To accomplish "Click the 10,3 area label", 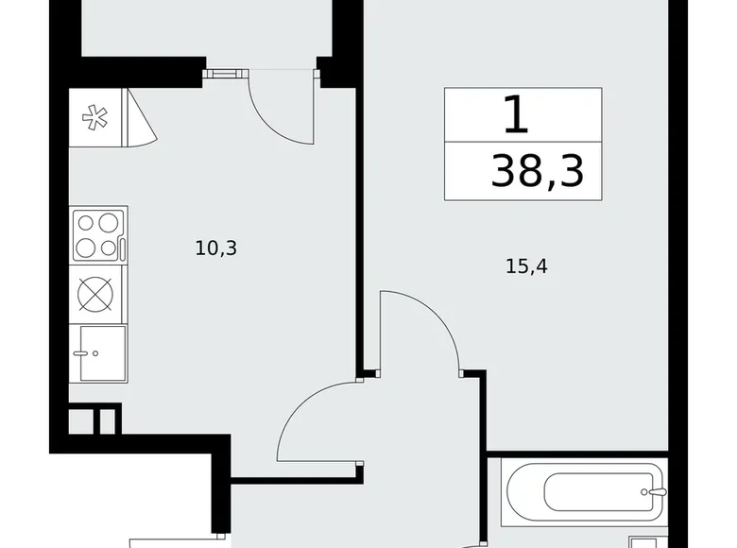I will (215, 248).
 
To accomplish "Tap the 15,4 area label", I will (526, 267).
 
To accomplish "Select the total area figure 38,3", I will (536, 172).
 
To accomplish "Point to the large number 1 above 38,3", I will (515, 115).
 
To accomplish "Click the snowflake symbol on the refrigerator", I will (94, 118).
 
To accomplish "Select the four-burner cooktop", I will (99, 235).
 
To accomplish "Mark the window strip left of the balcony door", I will (225, 71).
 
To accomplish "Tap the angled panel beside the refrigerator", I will (142, 119).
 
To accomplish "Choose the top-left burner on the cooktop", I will (87, 224).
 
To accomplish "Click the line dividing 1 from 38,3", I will (523, 144).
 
